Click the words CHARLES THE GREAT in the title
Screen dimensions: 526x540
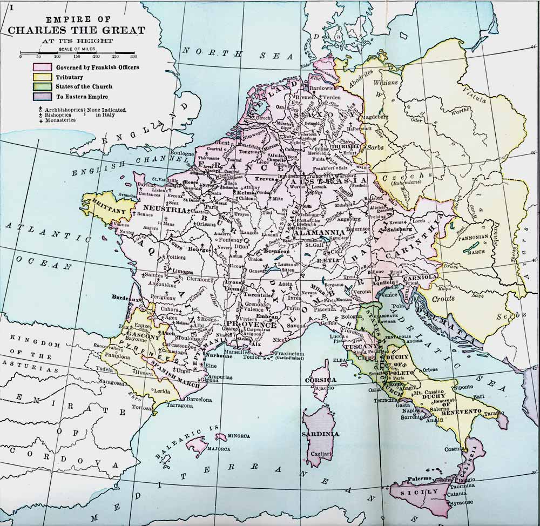[x=77, y=30]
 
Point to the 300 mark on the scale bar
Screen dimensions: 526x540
[x=133, y=57]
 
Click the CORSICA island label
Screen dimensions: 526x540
[x=321, y=380]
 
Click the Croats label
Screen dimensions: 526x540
[x=443, y=298]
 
